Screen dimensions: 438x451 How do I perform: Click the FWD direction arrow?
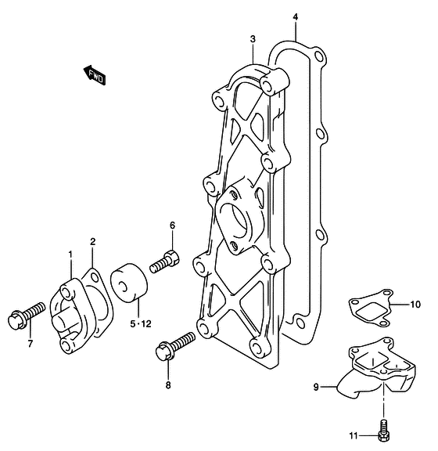[x=95, y=75]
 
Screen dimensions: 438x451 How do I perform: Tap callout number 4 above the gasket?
[x=296, y=17]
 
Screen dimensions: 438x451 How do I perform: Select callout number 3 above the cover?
[x=253, y=39]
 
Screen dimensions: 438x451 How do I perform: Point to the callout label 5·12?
[x=141, y=324]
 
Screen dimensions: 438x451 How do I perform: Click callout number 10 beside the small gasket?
[x=415, y=305]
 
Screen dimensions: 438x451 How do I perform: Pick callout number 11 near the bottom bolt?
[x=354, y=436]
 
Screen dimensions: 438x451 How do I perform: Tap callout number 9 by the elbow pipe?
[x=316, y=387]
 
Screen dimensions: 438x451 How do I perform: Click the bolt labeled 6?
[x=165, y=262]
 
